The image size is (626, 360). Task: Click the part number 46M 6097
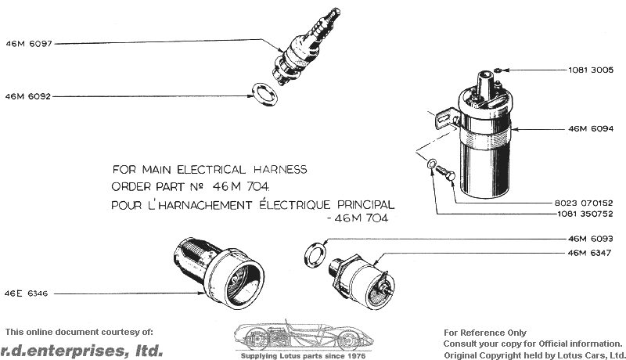(x=29, y=44)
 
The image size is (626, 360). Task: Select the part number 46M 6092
(x=28, y=96)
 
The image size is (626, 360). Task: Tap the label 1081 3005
(x=591, y=70)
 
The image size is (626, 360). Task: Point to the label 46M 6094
(x=591, y=128)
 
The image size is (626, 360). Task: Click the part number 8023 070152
(x=584, y=203)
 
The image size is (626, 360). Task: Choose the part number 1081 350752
(x=585, y=214)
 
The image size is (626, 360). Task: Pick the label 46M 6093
(x=591, y=239)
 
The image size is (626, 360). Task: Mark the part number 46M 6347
(x=590, y=253)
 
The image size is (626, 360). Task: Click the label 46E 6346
(x=26, y=293)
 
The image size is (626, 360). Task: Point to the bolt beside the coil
(x=445, y=173)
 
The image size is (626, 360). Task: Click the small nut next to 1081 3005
(x=498, y=70)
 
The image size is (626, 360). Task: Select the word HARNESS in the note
(x=280, y=170)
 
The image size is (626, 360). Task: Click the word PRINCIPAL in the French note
(x=366, y=205)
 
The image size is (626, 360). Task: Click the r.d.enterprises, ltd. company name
(x=82, y=351)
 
